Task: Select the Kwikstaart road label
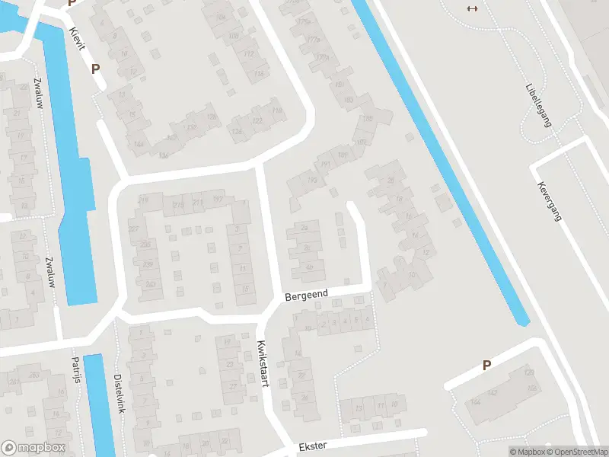click(263, 363)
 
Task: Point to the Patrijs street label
click(76, 369)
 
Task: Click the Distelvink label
click(119, 393)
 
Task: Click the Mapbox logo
click(33, 448)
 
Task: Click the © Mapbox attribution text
click(526, 452)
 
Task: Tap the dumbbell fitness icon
click(472, 8)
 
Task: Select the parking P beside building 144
click(486, 366)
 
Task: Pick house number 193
click(312, 181)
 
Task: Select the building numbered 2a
click(305, 227)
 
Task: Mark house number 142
click(493, 392)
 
